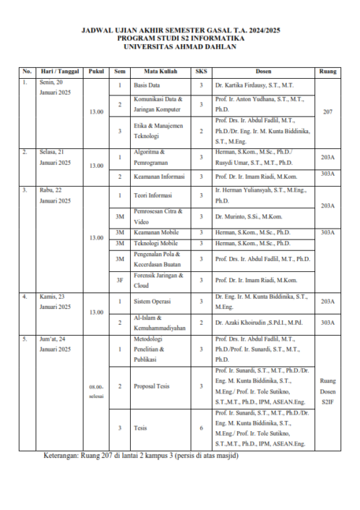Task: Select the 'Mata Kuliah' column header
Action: (156, 72)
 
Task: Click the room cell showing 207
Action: (327, 112)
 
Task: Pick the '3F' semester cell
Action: (120, 279)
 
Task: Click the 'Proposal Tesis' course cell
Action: (151, 386)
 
